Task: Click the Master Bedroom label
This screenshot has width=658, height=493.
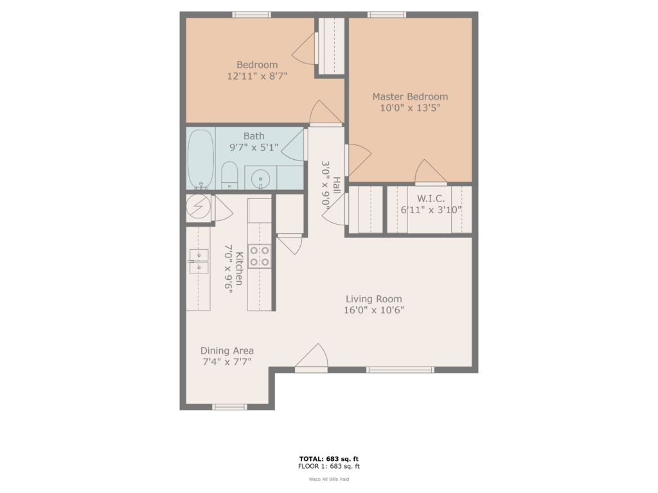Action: click(x=410, y=97)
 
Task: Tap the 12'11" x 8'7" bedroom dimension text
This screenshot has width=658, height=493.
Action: click(x=257, y=76)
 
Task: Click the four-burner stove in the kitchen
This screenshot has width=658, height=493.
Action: click(x=260, y=256)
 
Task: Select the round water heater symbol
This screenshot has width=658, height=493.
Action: click(x=198, y=206)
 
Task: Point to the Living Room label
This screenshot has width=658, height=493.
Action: click(x=374, y=299)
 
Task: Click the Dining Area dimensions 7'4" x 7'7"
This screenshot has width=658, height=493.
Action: click(x=227, y=361)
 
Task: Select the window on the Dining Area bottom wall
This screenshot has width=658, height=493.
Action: click(x=229, y=406)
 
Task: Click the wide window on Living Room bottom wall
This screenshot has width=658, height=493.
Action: click(x=400, y=370)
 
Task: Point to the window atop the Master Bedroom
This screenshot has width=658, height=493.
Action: click(x=387, y=15)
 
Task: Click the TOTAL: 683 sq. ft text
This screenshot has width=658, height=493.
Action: click(x=328, y=458)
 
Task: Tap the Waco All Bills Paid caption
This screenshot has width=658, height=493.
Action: click(x=328, y=479)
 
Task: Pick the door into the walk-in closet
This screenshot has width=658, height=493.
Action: click(x=431, y=173)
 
